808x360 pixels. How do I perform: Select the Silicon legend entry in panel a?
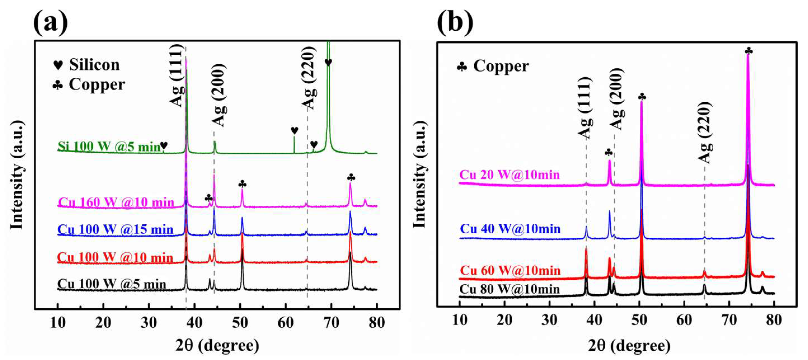(x=87, y=65)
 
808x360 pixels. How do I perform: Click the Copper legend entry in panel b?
(x=493, y=66)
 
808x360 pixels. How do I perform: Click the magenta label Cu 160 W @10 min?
(x=116, y=202)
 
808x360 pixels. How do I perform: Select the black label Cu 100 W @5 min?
(x=112, y=284)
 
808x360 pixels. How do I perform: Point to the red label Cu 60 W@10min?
(x=510, y=270)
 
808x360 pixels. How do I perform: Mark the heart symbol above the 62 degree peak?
(x=294, y=130)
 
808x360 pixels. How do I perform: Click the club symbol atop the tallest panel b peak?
(x=748, y=51)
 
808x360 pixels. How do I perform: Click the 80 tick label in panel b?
(x=774, y=320)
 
